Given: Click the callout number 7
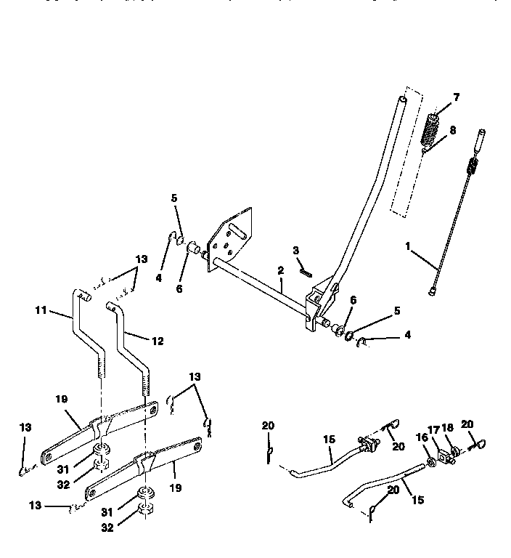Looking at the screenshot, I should (455, 97).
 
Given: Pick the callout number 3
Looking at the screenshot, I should (296, 251).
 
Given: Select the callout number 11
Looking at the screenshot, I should (41, 310).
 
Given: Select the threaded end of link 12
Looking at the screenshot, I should (146, 385).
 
